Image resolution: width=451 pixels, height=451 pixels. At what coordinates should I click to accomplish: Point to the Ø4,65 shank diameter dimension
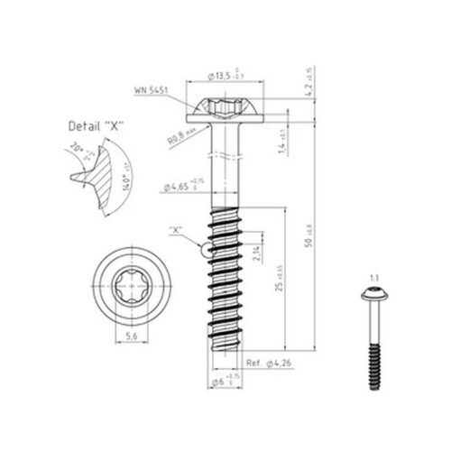point(184,187)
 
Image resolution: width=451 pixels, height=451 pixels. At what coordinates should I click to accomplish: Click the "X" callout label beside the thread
point(177,231)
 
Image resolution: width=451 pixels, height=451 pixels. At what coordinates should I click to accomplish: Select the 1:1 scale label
point(373,277)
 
